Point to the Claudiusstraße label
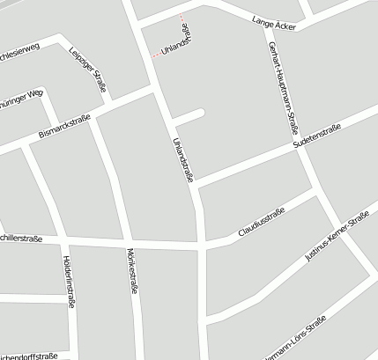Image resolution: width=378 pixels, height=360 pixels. (x=261, y=224)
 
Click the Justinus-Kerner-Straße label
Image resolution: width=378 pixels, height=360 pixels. (x=336, y=239)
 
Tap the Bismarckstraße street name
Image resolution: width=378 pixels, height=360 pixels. (x=64, y=128)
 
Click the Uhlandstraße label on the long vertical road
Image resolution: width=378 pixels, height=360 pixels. (x=183, y=159)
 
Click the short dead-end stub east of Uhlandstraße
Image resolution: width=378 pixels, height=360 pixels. (x=189, y=115)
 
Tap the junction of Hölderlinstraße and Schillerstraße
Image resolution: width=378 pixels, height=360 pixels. (x=63, y=239)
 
